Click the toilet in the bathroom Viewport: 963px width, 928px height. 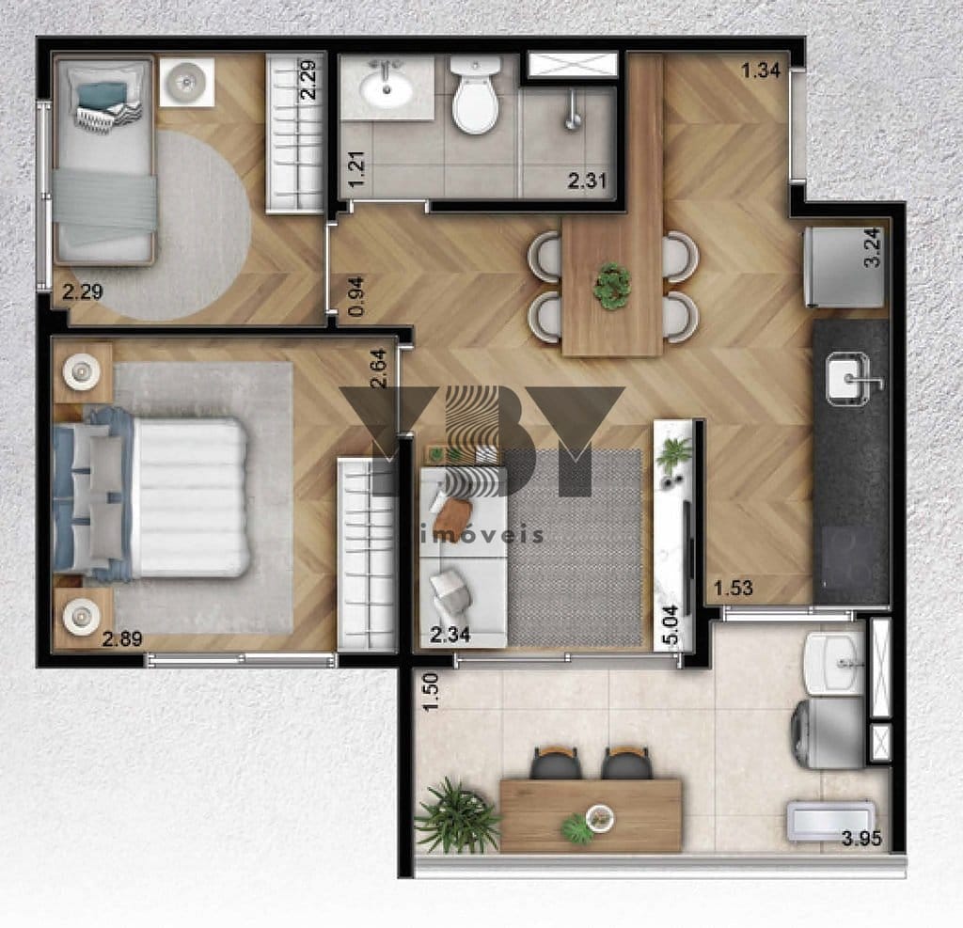[475, 95]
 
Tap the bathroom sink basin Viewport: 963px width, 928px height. [386, 89]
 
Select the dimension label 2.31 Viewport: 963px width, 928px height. [587, 181]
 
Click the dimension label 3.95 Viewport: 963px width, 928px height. [861, 839]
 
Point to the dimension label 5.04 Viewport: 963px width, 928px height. [671, 624]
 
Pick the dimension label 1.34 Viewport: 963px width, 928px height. [760, 71]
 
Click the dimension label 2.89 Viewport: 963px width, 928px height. [122, 639]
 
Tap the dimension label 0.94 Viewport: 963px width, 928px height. [355, 297]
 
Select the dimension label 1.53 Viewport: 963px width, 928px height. [733, 589]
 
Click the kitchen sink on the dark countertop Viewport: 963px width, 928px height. [847, 379]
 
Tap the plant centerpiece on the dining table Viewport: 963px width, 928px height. [611, 286]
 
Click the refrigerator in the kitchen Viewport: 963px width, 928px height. [844, 266]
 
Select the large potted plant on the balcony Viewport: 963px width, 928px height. [457, 815]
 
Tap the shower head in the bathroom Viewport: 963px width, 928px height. [572, 112]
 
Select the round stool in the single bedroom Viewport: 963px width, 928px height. [187, 82]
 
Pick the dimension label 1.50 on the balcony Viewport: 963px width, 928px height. [432, 692]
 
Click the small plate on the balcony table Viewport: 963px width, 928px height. [599, 817]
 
